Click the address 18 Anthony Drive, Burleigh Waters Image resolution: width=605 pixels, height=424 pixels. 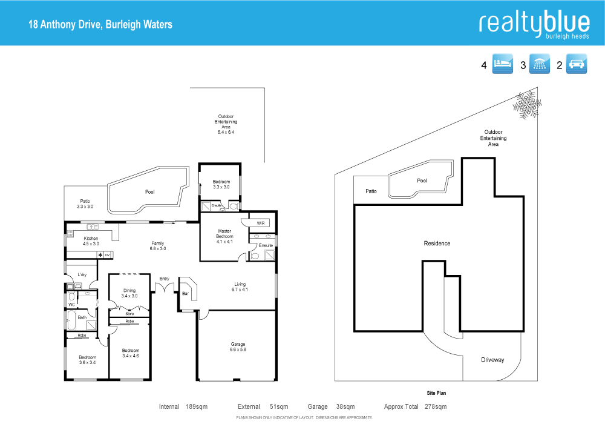click(101, 25)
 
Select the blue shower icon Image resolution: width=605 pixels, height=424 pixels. click(540, 65)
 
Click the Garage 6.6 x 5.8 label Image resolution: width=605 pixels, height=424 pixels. click(237, 347)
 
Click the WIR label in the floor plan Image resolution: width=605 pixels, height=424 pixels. click(261, 223)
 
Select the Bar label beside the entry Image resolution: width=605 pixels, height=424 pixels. click(185, 294)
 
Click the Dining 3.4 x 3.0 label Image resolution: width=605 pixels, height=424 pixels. click(129, 293)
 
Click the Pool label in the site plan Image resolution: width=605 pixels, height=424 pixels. click(422, 181)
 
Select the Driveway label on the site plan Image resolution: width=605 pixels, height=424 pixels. click(492, 360)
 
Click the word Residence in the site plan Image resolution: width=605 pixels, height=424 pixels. click(437, 243)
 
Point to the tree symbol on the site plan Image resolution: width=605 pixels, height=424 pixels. click(526, 105)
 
